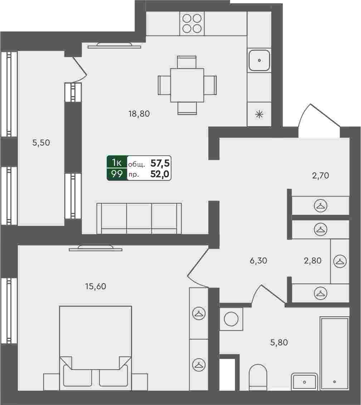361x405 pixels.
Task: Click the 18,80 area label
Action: tap(139, 114)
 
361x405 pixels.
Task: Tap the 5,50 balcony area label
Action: tap(41, 143)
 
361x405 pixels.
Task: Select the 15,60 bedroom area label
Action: tap(96, 286)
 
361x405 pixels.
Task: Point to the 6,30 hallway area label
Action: tap(258, 261)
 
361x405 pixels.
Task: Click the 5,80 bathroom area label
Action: tap(279, 342)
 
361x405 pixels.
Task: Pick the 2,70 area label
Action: tap(321, 176)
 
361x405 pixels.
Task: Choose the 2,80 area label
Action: tap(313, 261)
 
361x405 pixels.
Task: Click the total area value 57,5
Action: tap(160, 163)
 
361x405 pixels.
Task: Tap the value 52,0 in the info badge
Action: tap(160, 174)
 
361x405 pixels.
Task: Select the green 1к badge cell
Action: tap(117, 162)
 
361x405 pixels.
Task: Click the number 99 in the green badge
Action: tap(117, 174)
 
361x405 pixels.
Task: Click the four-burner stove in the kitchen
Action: tap(192, 24)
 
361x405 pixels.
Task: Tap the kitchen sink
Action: tap(259, 61)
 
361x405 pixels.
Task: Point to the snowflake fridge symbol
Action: tap(259, 114)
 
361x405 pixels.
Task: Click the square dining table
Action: tap(187, 85)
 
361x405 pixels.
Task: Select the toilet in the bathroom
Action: tap(258, 377)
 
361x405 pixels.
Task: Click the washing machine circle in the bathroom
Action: tap(231, 319)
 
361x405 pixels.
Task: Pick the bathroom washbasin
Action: tap(304, 381)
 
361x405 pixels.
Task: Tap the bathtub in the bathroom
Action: tap(335, 354)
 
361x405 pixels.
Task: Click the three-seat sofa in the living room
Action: tap(139, 218)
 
